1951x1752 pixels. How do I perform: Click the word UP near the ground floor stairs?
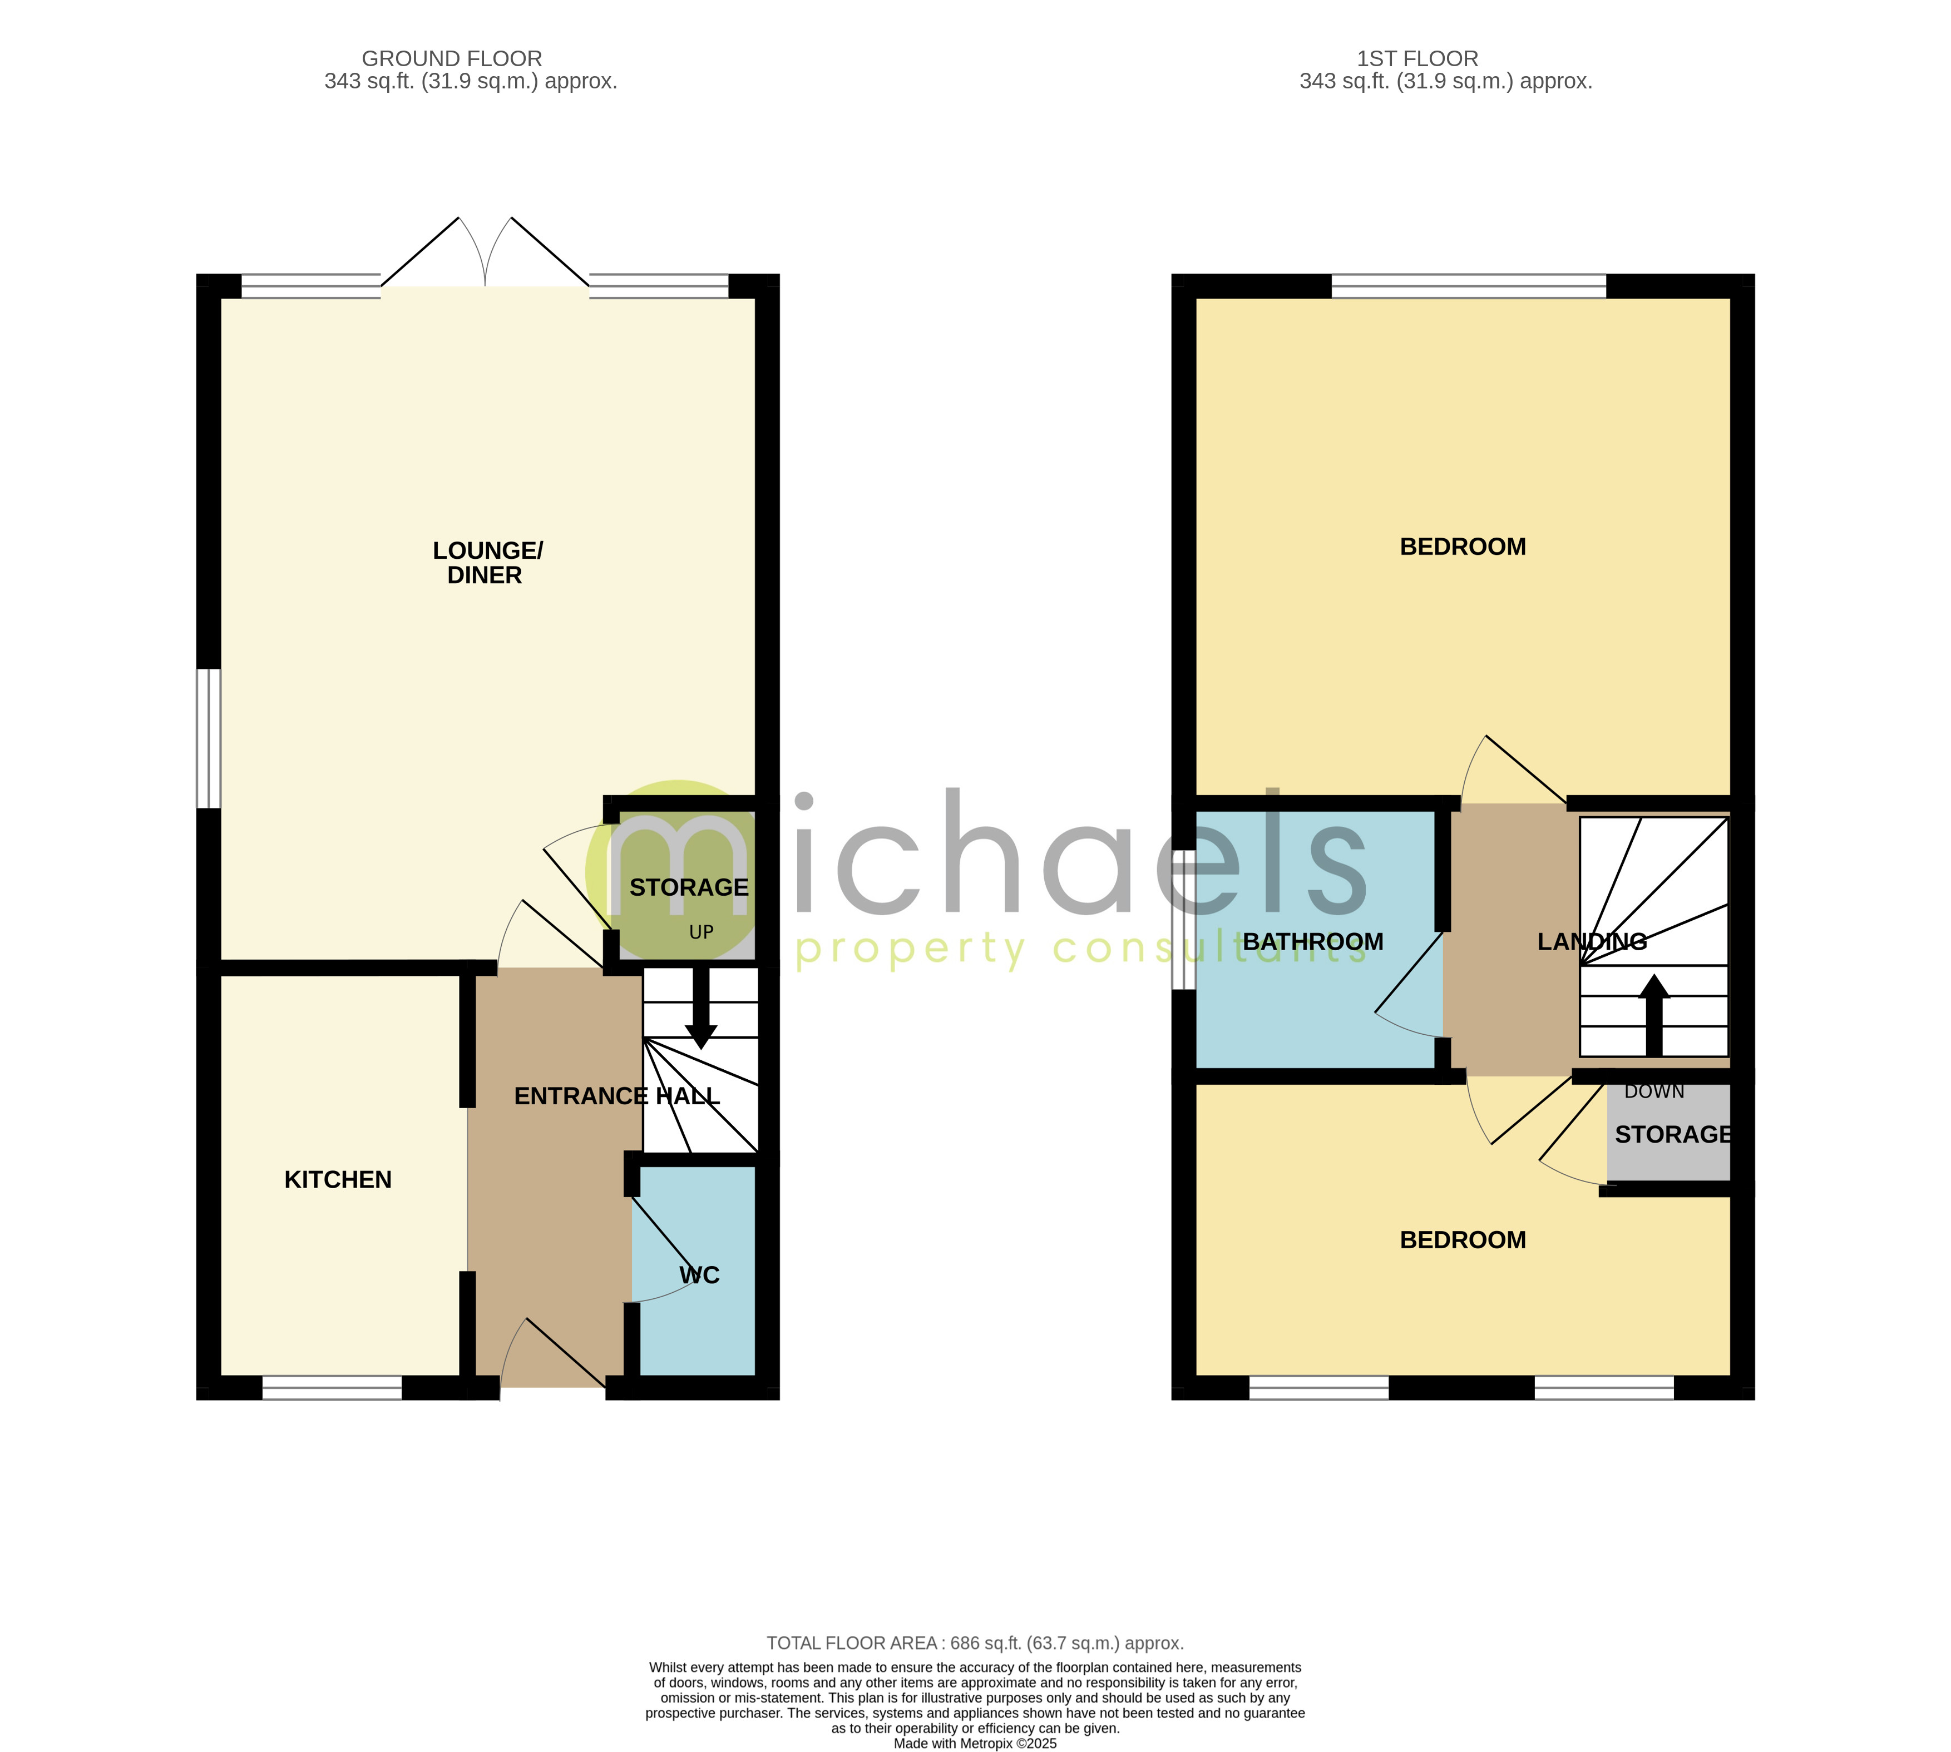click(701, 932)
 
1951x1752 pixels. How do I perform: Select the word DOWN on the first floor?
click(1653, 1091)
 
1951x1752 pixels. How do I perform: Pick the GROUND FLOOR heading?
click(452, 59)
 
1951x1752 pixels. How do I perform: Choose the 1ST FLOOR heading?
click(1416, 59)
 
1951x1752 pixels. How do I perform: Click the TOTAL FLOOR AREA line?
click(975, 1643)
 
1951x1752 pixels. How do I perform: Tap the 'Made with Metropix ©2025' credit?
click(975, 1743)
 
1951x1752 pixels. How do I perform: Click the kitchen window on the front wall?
click(332, 1387)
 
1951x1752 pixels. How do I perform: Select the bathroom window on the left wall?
click(1183, 919)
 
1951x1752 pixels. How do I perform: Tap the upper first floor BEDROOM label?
click(1462, 547)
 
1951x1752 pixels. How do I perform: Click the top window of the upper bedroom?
click(1469, 286)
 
